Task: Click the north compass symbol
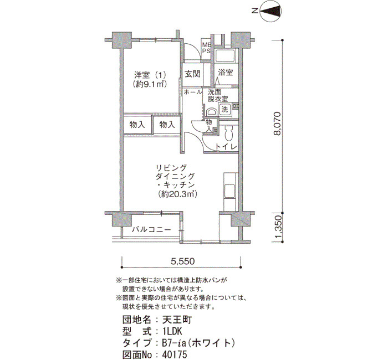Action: (270, 11)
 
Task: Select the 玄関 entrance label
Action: (192, 74)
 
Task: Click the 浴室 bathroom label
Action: (225, 73)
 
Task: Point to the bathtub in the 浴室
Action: (225, 56)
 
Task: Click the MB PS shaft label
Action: (206, 48)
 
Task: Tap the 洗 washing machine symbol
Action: (224, 109)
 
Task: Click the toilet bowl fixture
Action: (228, 133)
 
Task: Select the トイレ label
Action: (226, 147)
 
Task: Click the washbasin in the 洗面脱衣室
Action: (212, 112)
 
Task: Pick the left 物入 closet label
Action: (137, 125)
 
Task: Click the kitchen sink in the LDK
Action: (229, 191)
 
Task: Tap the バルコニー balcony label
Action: (151, 229)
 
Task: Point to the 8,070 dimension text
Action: (278, 124)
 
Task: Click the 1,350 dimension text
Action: (278, 228)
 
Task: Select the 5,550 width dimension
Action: (183, 261)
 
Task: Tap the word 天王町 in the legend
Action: (177, 320)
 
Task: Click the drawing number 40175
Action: (175, 354)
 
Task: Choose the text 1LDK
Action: (172, 331)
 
